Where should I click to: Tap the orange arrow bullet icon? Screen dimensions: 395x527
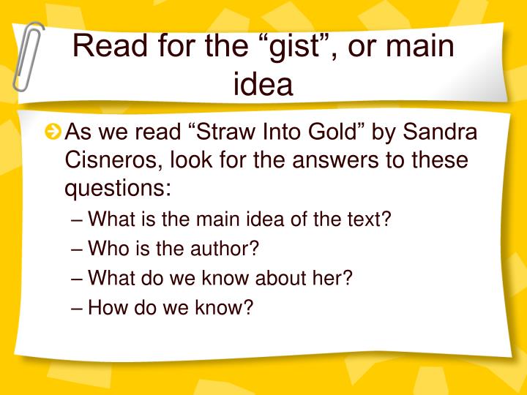[53, 133]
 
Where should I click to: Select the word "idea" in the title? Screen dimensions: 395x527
[263, 84]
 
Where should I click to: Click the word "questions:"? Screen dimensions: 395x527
[118, 187]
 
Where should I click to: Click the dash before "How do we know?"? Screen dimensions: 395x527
[78, 306]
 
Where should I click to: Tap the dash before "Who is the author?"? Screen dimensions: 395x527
[78, 248]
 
